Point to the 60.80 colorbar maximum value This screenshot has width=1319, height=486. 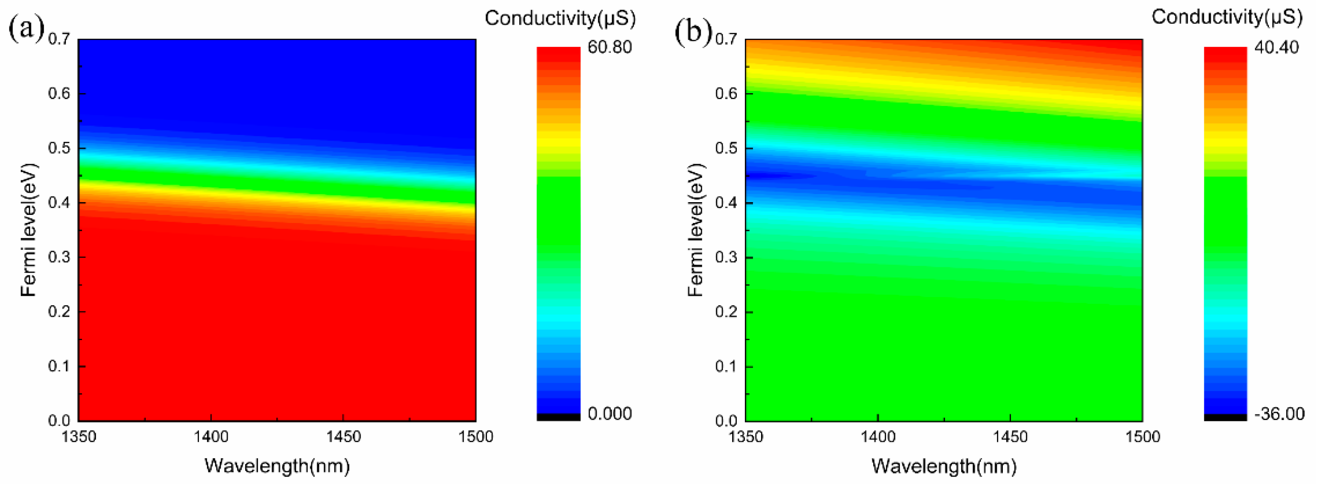[x=609, y=47]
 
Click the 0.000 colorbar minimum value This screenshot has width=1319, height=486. [x=609, y=413]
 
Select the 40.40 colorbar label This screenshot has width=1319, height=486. [x=1277, y=47]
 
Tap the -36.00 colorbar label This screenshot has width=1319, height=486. [x=1279, y=413]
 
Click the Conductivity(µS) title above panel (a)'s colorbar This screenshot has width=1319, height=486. [x=560, y=18]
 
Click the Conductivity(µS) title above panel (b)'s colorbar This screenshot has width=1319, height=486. [x=1227, y=17]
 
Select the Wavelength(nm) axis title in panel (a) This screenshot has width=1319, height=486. [x=277, y=466]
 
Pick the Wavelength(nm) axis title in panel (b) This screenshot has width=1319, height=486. [x=944, y=466]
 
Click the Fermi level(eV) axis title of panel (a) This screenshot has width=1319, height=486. [x=29, y=230]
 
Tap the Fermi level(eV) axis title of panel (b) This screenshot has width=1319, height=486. [x=696, y=230]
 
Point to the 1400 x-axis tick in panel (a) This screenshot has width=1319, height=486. [x=211, y=437]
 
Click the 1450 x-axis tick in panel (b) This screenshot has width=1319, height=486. [x=1010, y=437]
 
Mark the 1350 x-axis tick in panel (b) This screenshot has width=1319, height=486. [x=745, y=437]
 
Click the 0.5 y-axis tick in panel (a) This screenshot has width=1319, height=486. [x=59, y=148]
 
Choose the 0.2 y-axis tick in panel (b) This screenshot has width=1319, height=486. [x=726, y=312]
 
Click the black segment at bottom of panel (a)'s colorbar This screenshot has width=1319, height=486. [x=558, y=417]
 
